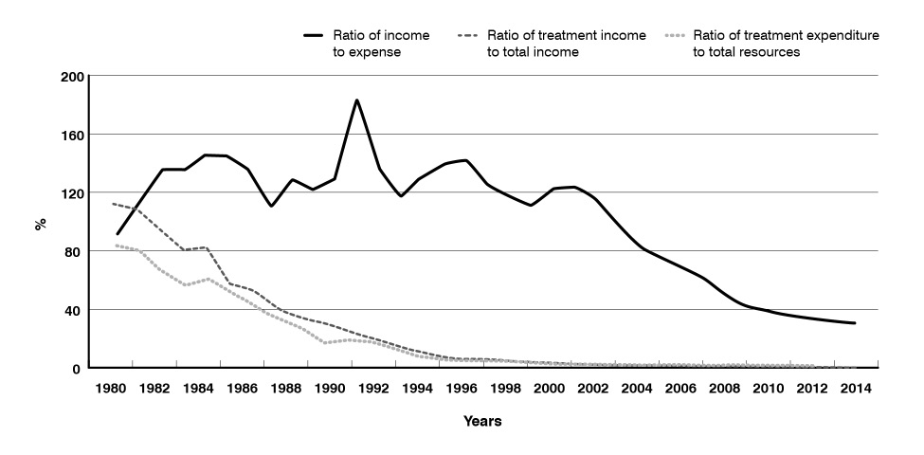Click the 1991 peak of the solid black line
356,100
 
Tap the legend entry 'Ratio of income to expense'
378,44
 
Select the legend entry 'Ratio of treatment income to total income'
566,44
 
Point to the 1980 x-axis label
112,388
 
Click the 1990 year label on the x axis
330,388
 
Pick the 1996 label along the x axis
461,388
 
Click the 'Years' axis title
483,421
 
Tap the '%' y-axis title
41,224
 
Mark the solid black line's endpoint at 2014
855,323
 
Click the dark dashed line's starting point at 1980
113,204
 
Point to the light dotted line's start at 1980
115,246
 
